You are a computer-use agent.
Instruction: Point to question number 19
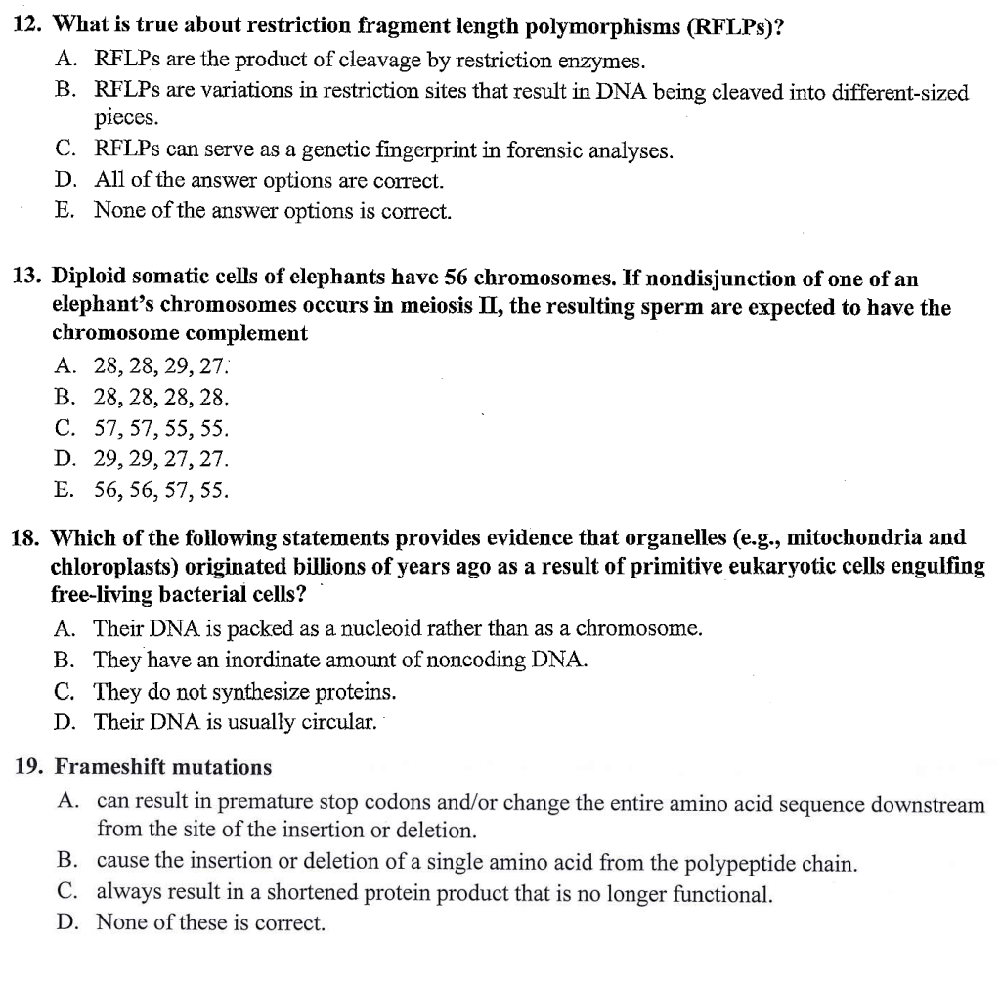[x=30, y=767]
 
